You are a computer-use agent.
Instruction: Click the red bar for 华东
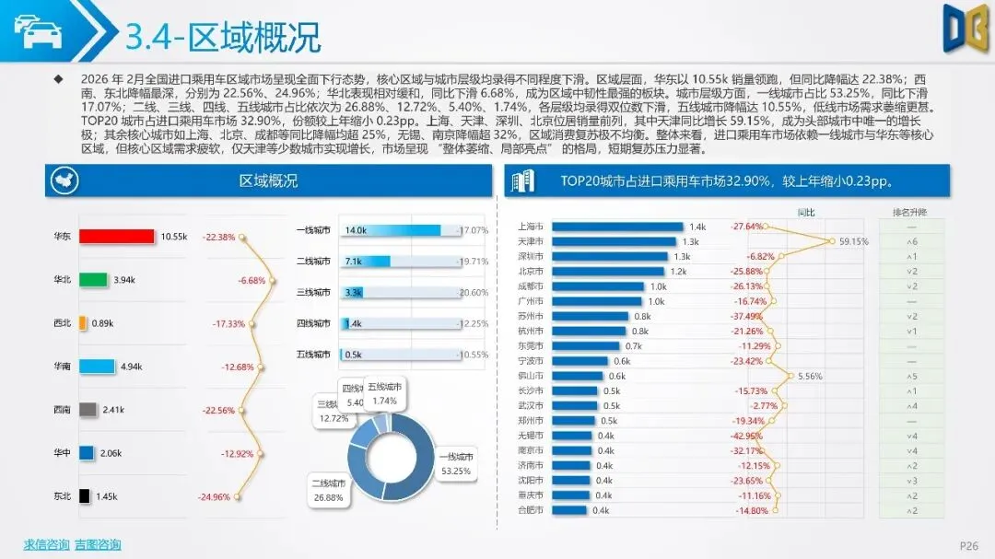tap(116, 237)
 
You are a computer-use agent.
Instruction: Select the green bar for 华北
tap(93, 280)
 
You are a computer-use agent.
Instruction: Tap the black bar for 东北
tap(84, 496)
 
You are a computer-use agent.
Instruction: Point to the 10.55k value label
tap(173, 237)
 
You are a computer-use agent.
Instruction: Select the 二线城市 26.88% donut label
tap(329, 489)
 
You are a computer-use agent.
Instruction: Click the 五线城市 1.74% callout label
tap(387, 394)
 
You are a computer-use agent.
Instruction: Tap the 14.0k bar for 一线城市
tap(379, 230)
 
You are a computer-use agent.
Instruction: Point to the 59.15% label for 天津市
tap(853, 241)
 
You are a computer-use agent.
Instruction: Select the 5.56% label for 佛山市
tap(809, 376)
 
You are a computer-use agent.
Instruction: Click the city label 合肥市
tap(531, 510)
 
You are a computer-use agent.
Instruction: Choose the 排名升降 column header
tap(909, 212)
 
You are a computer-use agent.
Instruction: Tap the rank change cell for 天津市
tap(909, 241)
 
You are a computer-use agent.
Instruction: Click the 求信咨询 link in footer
tap(46, 544)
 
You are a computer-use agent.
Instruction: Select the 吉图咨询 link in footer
tap(98, 544)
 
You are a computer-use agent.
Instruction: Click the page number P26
tap(968, 545)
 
